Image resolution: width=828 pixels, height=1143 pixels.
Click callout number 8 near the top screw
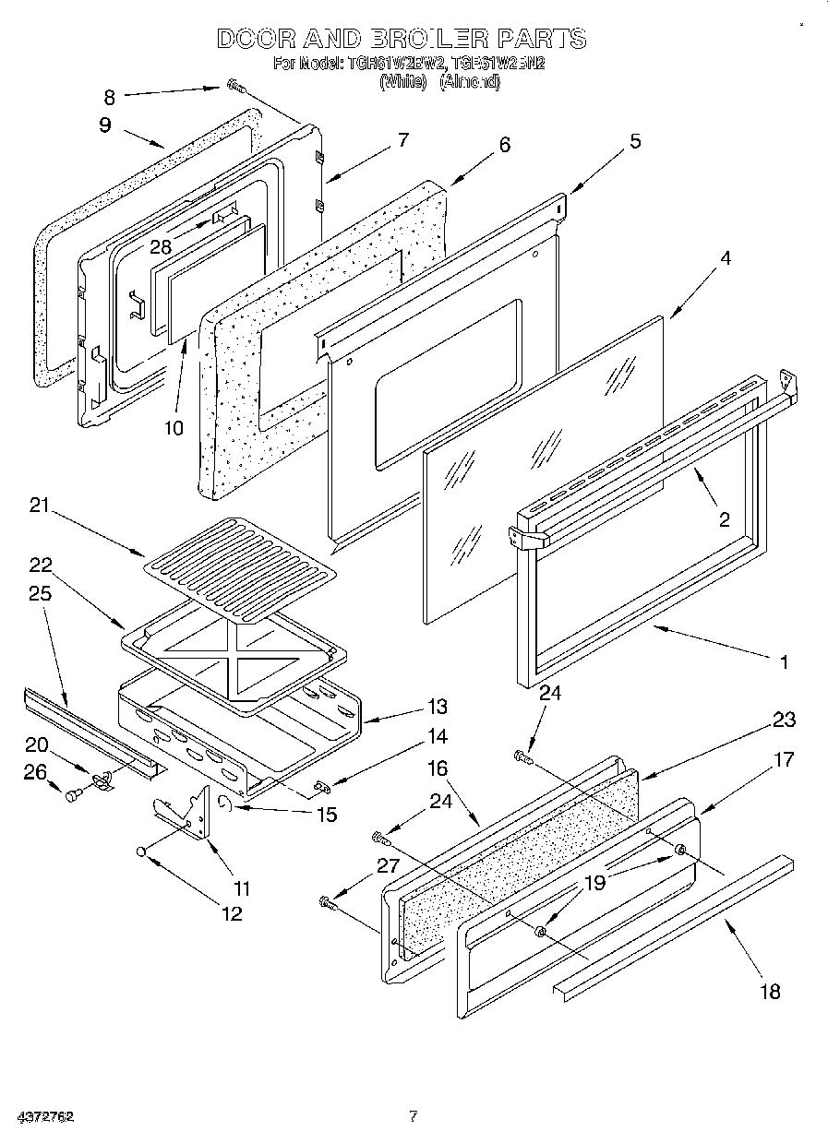110,96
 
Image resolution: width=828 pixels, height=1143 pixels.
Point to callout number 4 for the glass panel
726,259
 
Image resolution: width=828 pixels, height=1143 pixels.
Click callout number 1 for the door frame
784,661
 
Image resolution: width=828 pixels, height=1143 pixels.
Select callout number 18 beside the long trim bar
769,992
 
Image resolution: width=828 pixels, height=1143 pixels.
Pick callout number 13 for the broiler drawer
438,707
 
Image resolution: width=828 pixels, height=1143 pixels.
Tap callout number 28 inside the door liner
162,247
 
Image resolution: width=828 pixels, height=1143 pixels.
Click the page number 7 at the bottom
414,1116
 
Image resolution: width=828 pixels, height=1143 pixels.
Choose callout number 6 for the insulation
504,145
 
